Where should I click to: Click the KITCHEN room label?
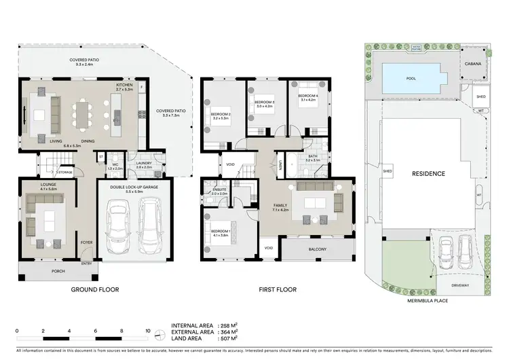pyautogui.click(x=124, y=85)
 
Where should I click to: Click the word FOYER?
pyautogui.click(x=87, y=242)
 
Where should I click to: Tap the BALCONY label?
pyautogui.click(x=317, y=249)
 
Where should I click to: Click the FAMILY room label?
pyautogui.click(x=280, y=204)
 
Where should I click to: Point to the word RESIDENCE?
pyautogui.click(x=428, y=174)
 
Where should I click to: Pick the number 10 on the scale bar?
pyautogui.click(x=147, y=331)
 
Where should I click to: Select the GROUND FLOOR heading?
pyautogui.click(x=95, y=290)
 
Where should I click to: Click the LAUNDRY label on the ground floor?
pyautogui.click(x=143, y=163)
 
